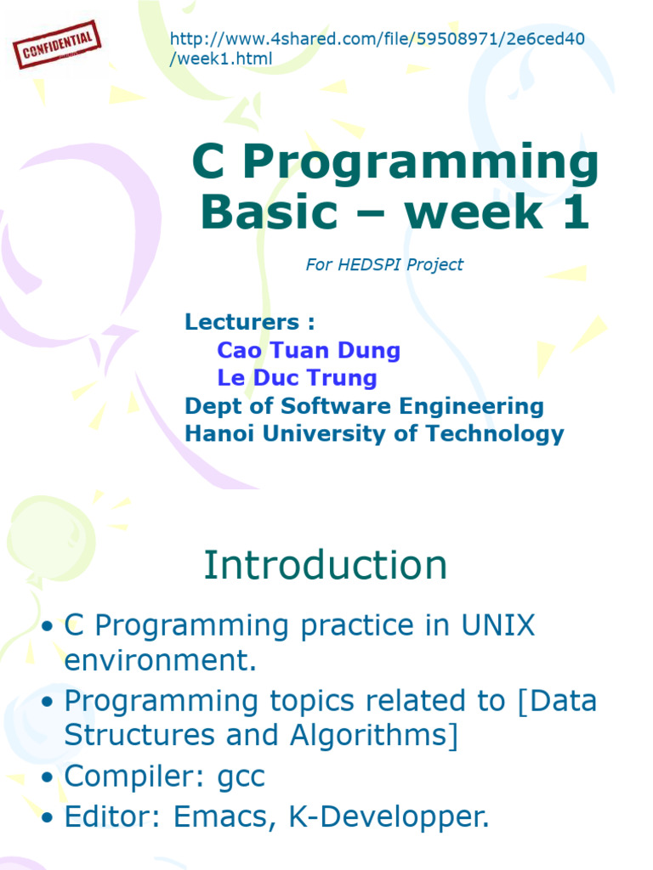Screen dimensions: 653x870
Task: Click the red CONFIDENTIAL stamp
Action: click(x=57, y=45)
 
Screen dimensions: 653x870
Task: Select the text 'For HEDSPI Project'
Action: click(x=384, y=265)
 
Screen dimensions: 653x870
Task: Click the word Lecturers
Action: click(x=242, y=322)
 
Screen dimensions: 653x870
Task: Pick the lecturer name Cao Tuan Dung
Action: click(x=309, y=350)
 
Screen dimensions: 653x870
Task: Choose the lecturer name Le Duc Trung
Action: click(x=297, y=378)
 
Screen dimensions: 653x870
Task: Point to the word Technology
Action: click(x=495, y=434)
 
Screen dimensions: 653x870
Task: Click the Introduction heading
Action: click(x=326, y=565)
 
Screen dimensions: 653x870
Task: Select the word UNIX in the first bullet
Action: click(x=498, y=625)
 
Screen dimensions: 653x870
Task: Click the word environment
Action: click(x=161, y=660)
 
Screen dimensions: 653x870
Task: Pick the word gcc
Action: click(x=241, y=777)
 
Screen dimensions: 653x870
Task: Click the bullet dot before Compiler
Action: click(x=48, y=777)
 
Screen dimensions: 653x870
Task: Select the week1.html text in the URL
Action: click(x=220, y=59)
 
